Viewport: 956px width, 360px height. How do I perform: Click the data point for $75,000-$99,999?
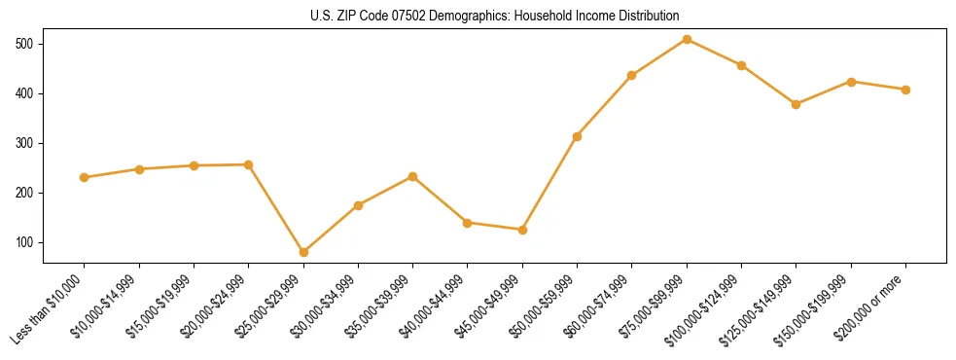(x=687, y=39)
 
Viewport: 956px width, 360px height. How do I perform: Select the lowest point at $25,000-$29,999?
(x=303, y=252)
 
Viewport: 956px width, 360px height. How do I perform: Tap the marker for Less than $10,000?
(x=85, y=177)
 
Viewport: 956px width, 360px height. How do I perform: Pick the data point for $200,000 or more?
(x=905, y=90)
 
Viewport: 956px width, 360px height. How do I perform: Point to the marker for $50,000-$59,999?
(x=577, y=136)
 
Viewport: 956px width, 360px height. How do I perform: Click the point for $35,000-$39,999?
(x=412, y=176)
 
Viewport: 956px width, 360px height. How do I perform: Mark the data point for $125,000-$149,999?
(x=796, y=104)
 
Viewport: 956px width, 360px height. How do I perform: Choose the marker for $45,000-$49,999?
(x=522, y=230)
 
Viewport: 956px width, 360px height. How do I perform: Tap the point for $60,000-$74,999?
(x=631, y=75)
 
